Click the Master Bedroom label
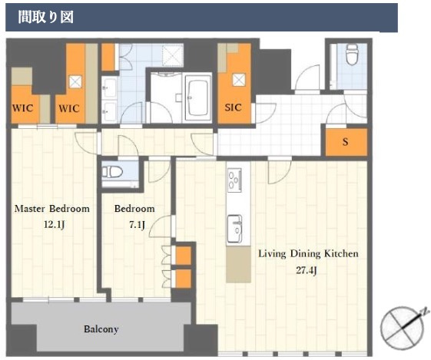coord(52,209)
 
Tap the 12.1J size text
coord(54,225)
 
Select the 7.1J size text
coord(138,225)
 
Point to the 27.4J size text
coord(307,270)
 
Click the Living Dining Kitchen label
coord(308,254)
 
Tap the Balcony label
coord(101,329)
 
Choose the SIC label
coord(233,107)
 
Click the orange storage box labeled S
coord(346,142)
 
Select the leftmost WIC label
coord(23,108)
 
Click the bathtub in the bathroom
coord(196,98)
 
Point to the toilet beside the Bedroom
coord(112,172)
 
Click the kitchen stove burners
coord(234,180)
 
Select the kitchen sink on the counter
coord(234,229)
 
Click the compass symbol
coord(403,328)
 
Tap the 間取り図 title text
coord(46,17)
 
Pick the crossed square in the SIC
coord(239,80)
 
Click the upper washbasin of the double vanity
coord(110,88)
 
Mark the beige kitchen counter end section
coord(238,264)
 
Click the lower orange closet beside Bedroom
coord(184,279)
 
